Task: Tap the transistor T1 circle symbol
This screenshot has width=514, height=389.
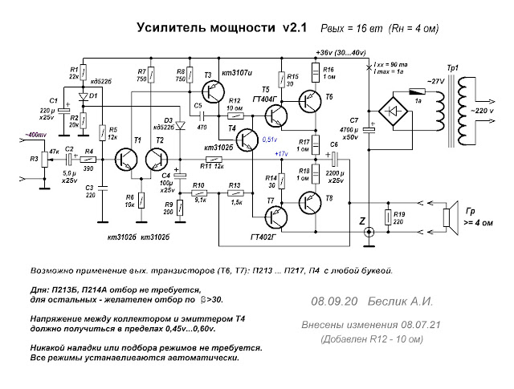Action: pyautogui.click(x=127, y=160)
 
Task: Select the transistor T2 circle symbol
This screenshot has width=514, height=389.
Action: pyautogui.click(x=160, y=160)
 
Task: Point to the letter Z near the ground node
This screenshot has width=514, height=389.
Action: pyautogui.click(x=361, y=220)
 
